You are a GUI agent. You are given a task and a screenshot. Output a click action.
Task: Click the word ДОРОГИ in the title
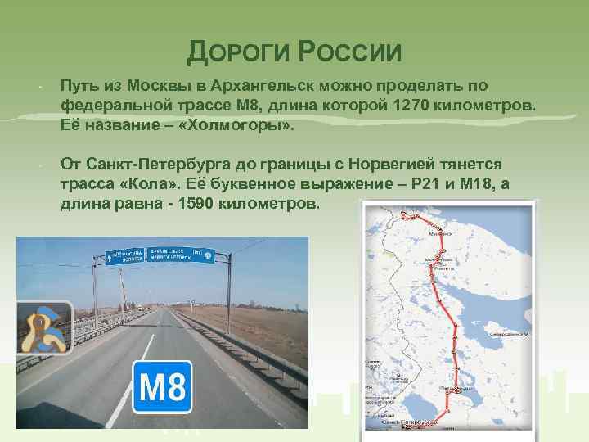[236, 53]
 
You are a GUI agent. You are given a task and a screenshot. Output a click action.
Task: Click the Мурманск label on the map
[433, 232]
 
